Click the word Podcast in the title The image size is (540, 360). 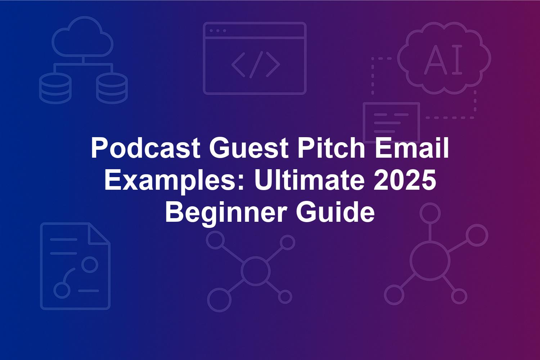tap(145, 148)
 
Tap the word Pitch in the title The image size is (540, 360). tap(331, 147)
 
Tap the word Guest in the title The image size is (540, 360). tap(249, 148)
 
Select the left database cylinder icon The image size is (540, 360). tap(55, 88)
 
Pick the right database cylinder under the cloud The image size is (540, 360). tap(112, 88)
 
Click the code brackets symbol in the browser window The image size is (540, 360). tap(256, 65)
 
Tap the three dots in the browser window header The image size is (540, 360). tap(218, 31)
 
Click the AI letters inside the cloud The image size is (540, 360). tap(443, 59)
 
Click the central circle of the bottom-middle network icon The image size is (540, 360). tap(255, 271)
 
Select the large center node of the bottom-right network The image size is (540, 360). tap(430, 261)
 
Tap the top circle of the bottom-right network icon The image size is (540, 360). tap(430, 213)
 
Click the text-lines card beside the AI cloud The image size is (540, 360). tap(392, 122)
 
